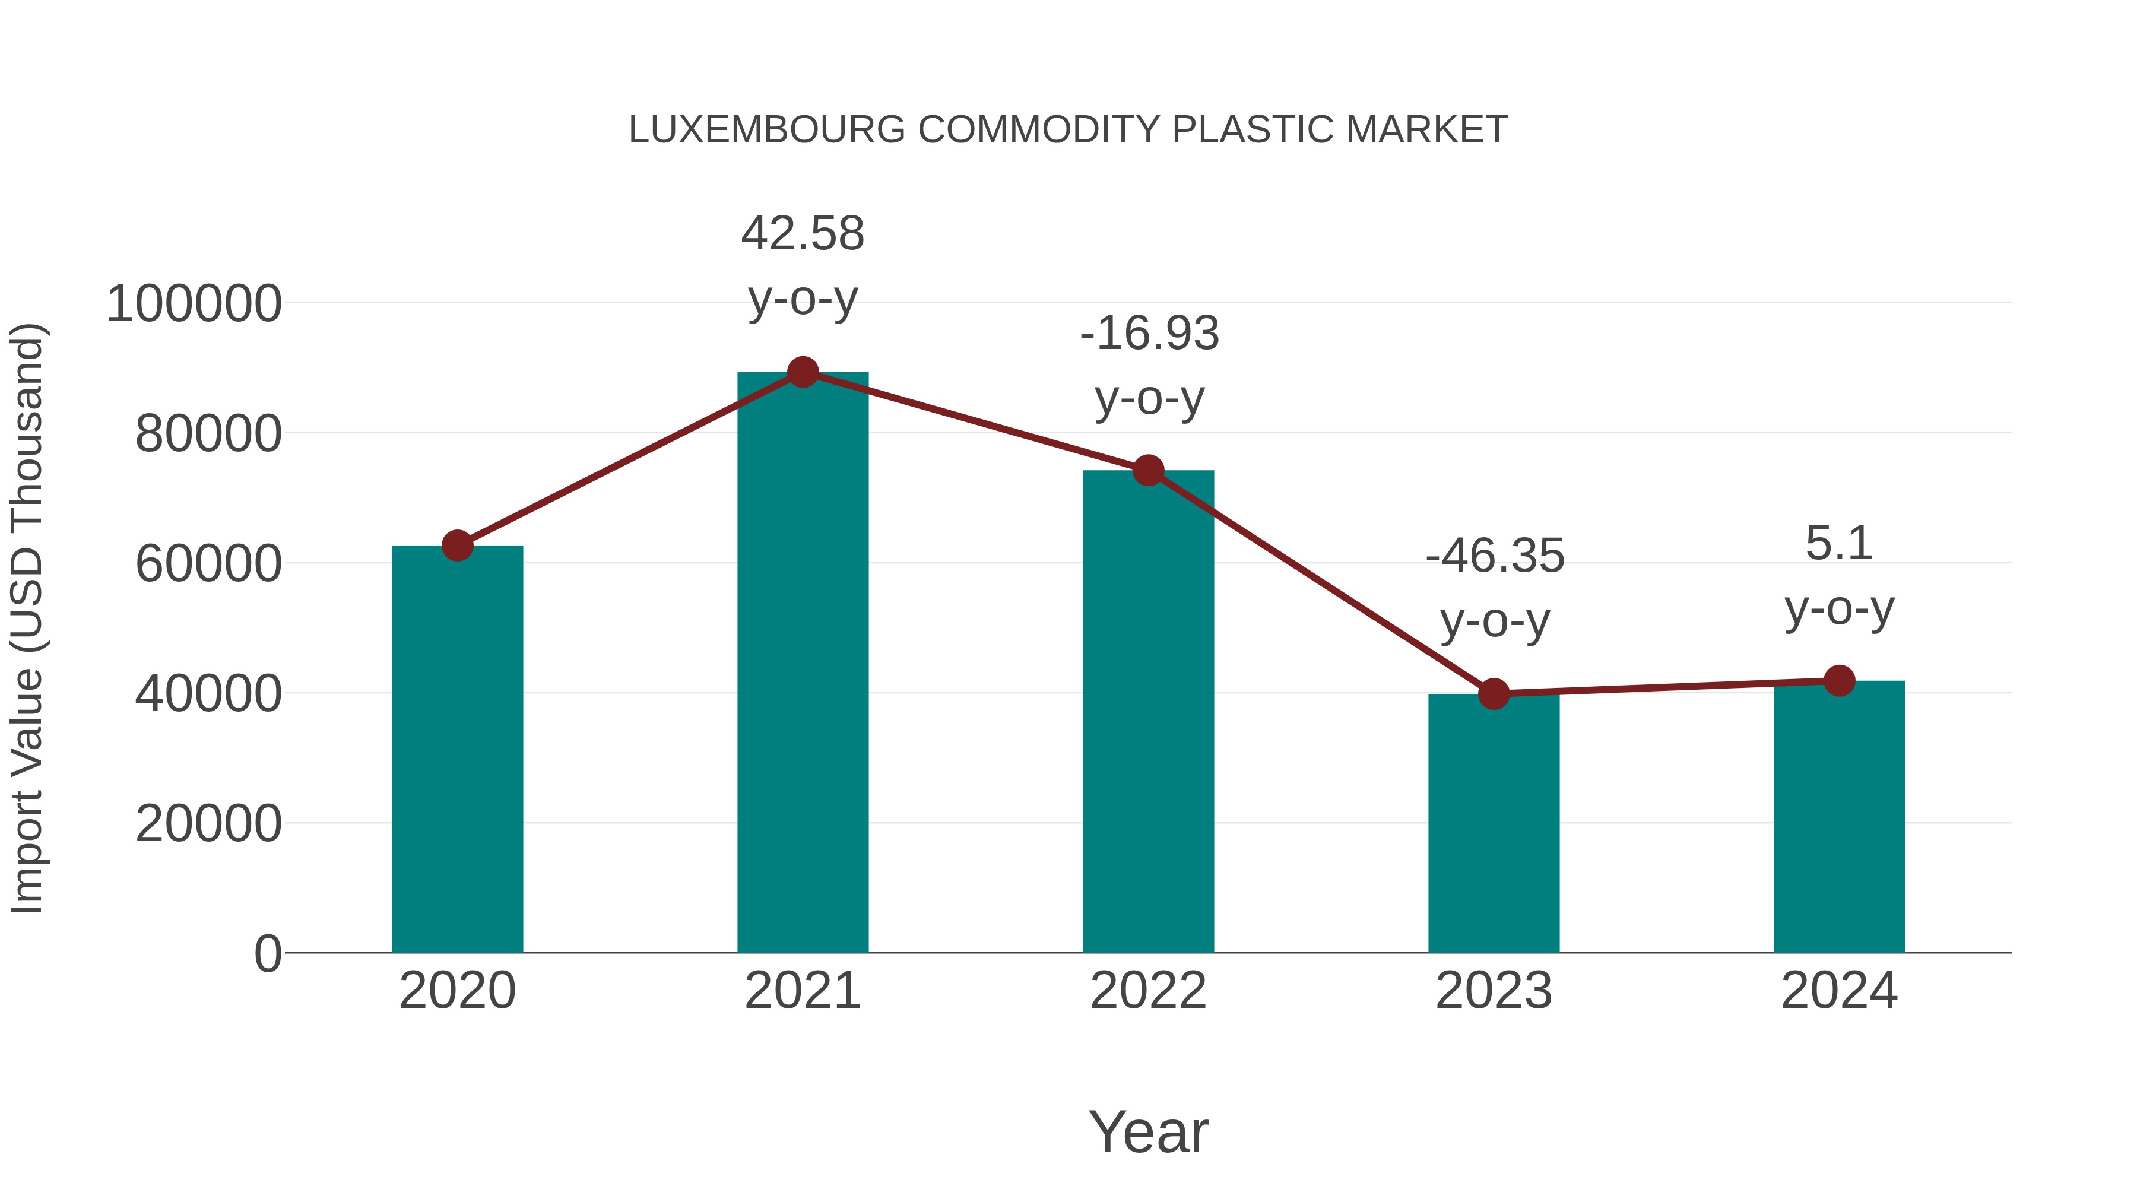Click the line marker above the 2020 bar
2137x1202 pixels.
[x=457, y=546]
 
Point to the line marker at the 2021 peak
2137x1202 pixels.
[x=802, y=372]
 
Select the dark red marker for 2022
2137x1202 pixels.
[x=1148, y=470]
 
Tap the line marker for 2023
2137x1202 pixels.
[x=1494, y=693]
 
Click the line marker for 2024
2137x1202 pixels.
[x=1839, y=681]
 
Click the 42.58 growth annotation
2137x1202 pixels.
[x=802, y=234]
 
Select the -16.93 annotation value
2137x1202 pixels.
[x=1149, y=334]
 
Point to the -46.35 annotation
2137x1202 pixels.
[x=1494, y=556]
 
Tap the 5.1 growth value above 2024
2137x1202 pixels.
[x=1839, y=544]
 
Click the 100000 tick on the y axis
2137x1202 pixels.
[x=194, y=303]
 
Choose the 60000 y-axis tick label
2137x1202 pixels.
[x=208, y=564]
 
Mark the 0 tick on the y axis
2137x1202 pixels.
[x=267, y=953]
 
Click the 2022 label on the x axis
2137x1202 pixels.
[x=1148, y=991]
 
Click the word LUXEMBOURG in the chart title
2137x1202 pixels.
[x=766, y=130]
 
